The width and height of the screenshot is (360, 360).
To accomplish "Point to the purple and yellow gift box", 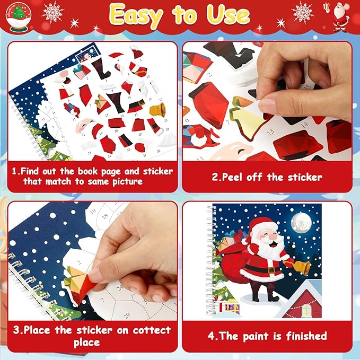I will (232, 306).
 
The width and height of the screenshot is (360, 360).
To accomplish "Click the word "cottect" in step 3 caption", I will (143, 330).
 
